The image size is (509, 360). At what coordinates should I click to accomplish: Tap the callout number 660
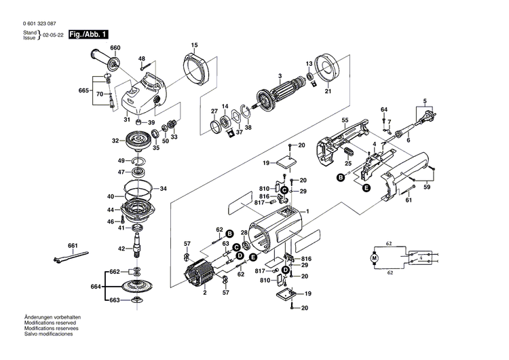click(115, 48)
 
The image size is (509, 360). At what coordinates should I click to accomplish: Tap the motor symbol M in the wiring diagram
click(374, 258)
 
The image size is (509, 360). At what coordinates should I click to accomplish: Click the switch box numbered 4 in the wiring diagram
click(421, 258)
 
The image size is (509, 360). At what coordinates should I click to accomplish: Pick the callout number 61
click(409, 200)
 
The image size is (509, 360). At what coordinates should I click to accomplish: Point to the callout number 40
click(110, 197)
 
